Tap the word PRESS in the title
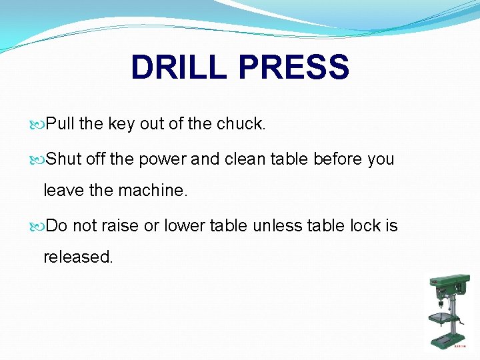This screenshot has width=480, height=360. [293, 68]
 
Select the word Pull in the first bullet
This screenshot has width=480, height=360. [62, 124]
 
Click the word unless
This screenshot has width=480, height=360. [271, 226]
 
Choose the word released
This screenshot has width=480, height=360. [78, 257]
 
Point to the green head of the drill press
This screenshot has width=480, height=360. [448, 287]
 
